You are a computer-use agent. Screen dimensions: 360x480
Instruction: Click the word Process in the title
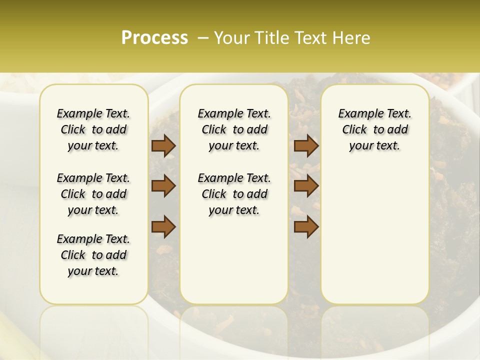point(154,37)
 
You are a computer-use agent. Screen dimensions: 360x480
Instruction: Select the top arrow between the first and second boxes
point(163,145)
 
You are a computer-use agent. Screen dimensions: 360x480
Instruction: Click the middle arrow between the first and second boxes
point(163,186)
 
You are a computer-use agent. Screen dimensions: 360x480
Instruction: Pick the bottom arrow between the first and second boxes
point(163,226)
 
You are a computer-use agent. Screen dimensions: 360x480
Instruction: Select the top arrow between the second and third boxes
point(306,145)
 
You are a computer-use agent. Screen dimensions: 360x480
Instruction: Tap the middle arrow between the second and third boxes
point(306,186)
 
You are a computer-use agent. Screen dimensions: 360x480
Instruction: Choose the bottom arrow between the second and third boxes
point(306,226)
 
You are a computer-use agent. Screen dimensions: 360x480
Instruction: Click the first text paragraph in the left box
point(93,129)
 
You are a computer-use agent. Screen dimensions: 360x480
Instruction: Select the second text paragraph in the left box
point(93,194)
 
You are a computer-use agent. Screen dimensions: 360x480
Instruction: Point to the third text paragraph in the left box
point(93,255)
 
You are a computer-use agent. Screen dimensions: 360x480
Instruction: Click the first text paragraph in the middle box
point(234,129)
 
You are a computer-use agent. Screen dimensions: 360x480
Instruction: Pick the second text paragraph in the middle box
point(234,194)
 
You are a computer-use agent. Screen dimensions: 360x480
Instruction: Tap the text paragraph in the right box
point(374,129)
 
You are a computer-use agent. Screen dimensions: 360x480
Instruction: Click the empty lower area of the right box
point(374,240)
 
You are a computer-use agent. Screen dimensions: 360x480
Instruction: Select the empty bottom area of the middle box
point(234,265)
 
